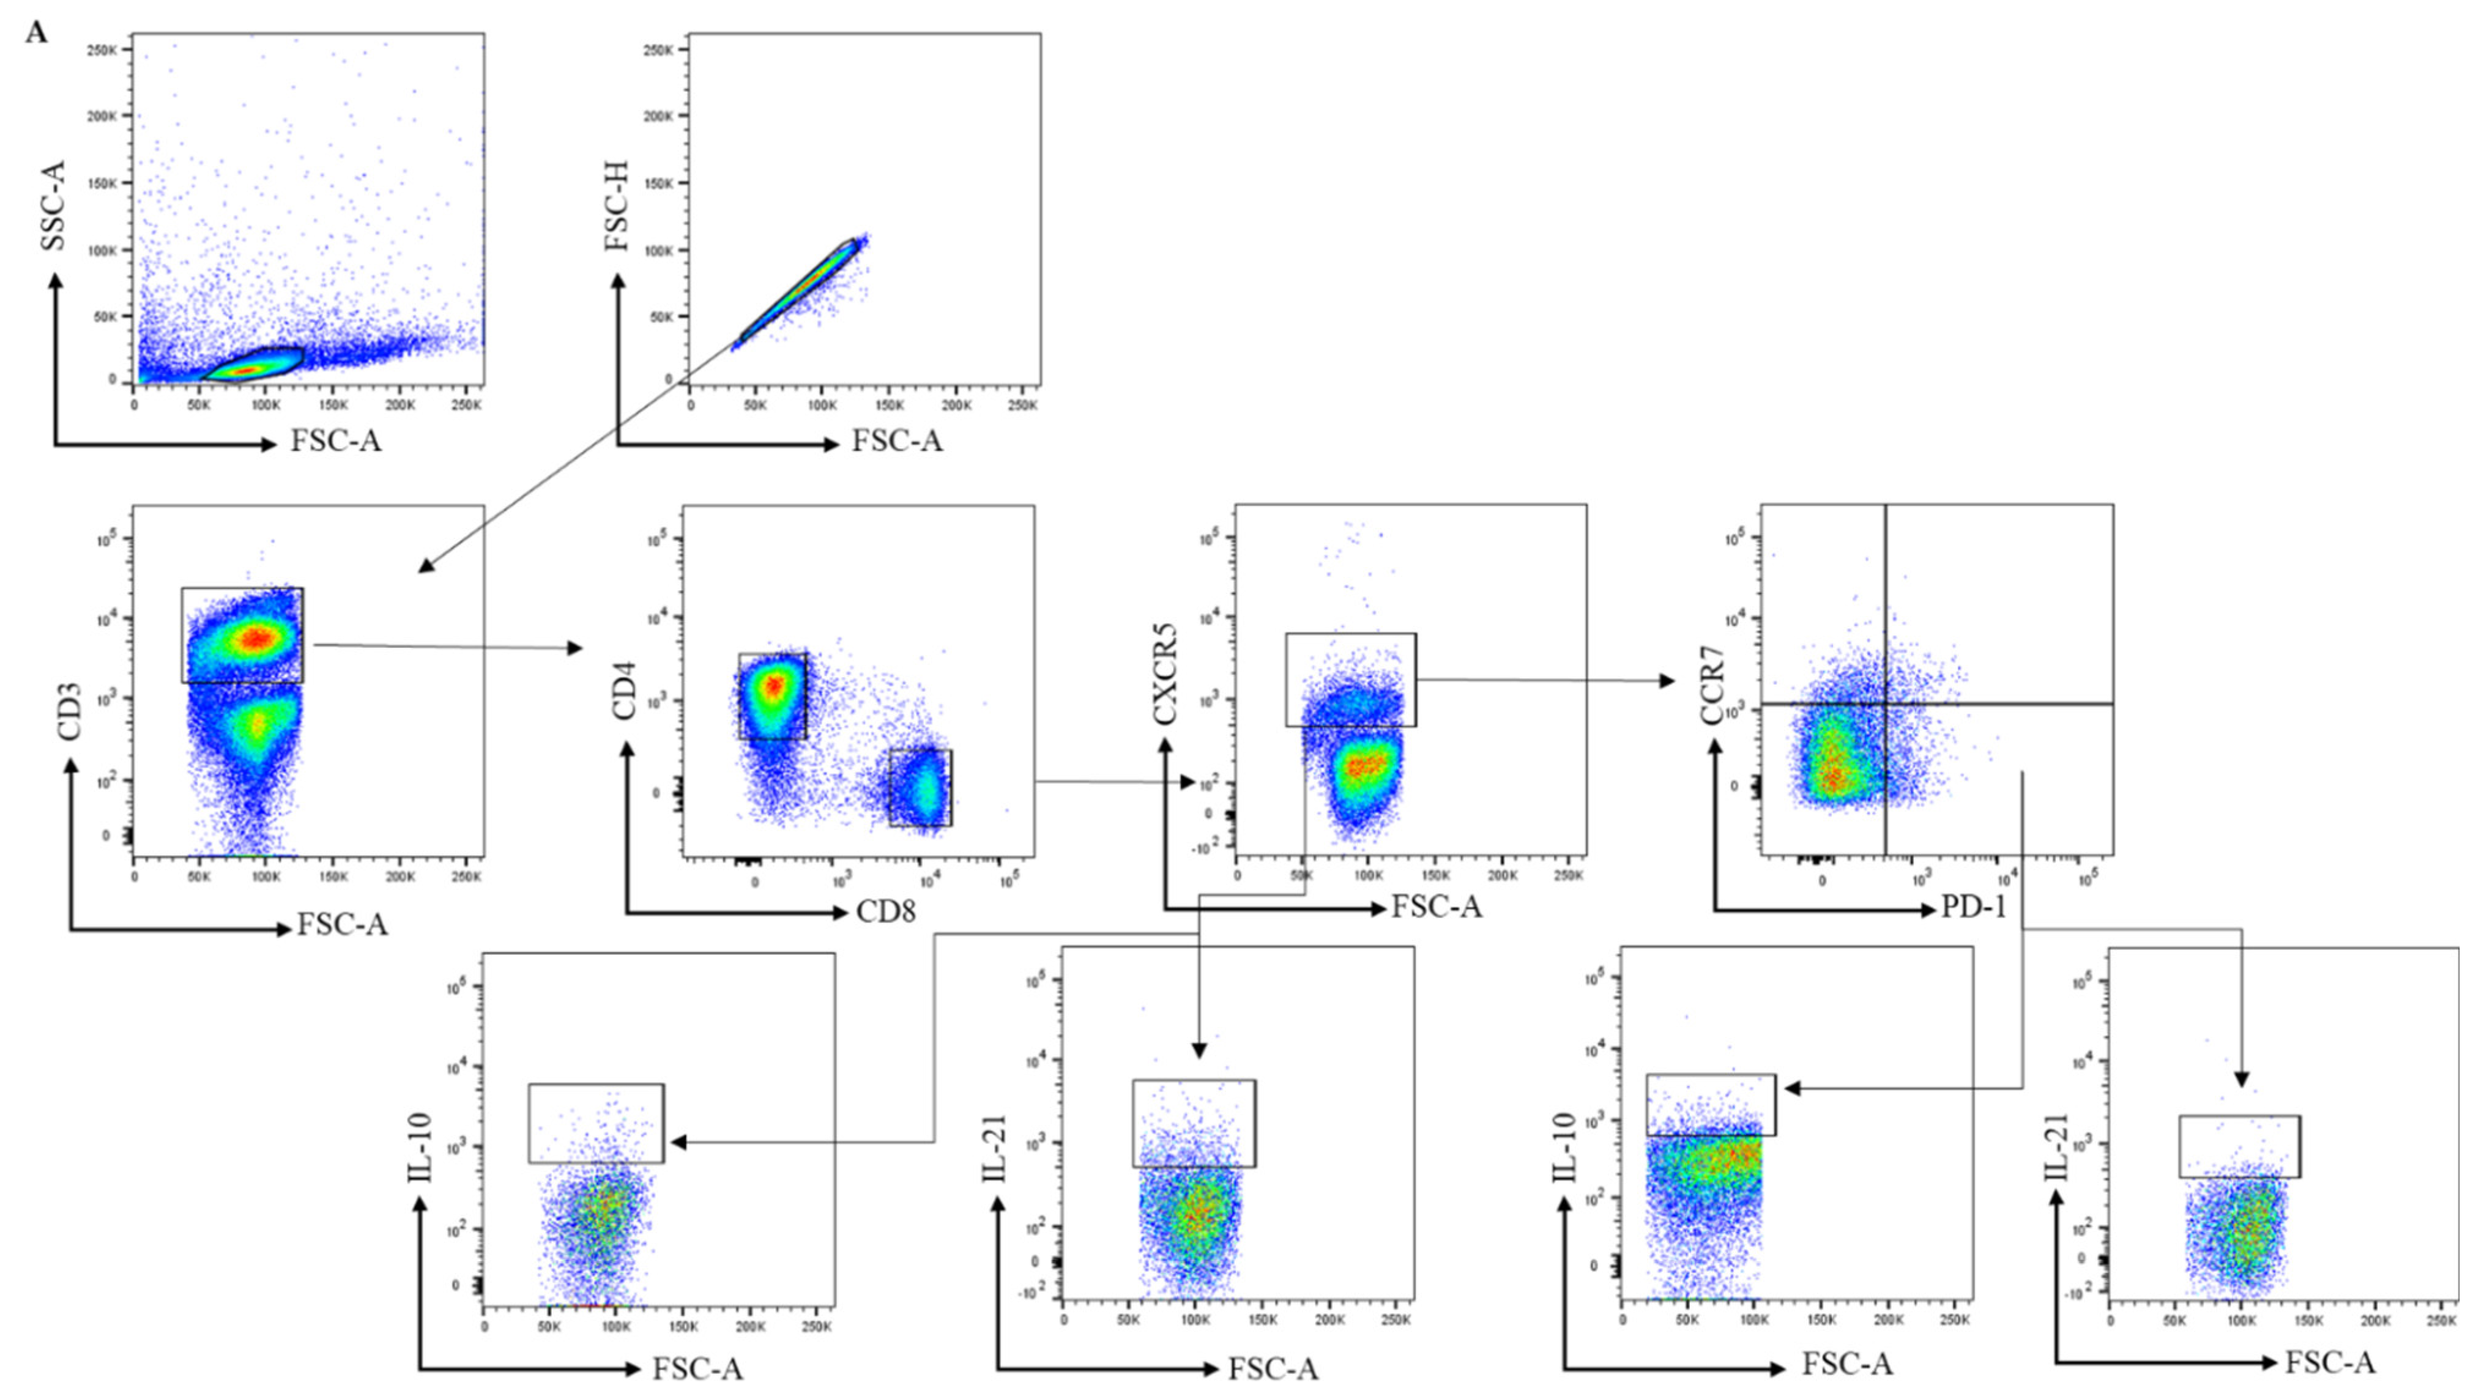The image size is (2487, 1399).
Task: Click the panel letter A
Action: click(35, 34)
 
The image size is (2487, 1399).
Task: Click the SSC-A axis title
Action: click(54, 206)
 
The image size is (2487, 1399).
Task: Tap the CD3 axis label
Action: click(70, 713)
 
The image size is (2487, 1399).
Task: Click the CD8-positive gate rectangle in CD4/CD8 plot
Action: click(920, 787)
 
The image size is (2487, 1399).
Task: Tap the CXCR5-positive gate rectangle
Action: click(1351, 680)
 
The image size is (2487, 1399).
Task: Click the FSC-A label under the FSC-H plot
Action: click(896, 441)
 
